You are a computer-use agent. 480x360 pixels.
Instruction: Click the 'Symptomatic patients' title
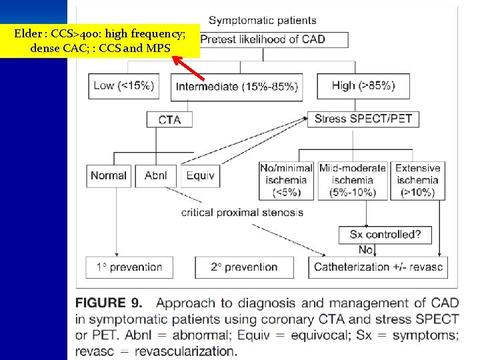pos(263,20)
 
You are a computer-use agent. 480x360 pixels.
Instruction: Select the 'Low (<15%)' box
pos(124,85)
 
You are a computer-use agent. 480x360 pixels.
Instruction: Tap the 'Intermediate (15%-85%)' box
pos(237,86)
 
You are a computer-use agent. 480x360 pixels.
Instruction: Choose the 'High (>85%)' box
pos(363,85)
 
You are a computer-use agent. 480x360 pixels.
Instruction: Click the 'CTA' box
pos(169,119)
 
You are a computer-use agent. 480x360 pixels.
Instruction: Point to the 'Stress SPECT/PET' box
pos(363,119)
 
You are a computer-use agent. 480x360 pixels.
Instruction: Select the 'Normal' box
pos(108,175)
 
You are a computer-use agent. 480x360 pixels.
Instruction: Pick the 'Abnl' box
pos(156,175)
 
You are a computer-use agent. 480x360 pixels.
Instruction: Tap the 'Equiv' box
pos(199,175)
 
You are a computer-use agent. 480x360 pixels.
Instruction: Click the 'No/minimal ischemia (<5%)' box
pos(286,180)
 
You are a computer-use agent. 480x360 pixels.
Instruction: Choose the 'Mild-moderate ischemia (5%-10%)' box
pos(353,180)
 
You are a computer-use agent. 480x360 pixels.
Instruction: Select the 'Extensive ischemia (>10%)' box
pos(418,180)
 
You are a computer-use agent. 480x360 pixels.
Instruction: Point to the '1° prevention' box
pos(129,267)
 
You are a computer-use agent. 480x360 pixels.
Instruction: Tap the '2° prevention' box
pos(245,267)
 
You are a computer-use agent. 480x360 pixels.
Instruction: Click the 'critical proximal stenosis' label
pos(242,213)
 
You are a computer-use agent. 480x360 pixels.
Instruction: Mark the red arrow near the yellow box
pos(188,68)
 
